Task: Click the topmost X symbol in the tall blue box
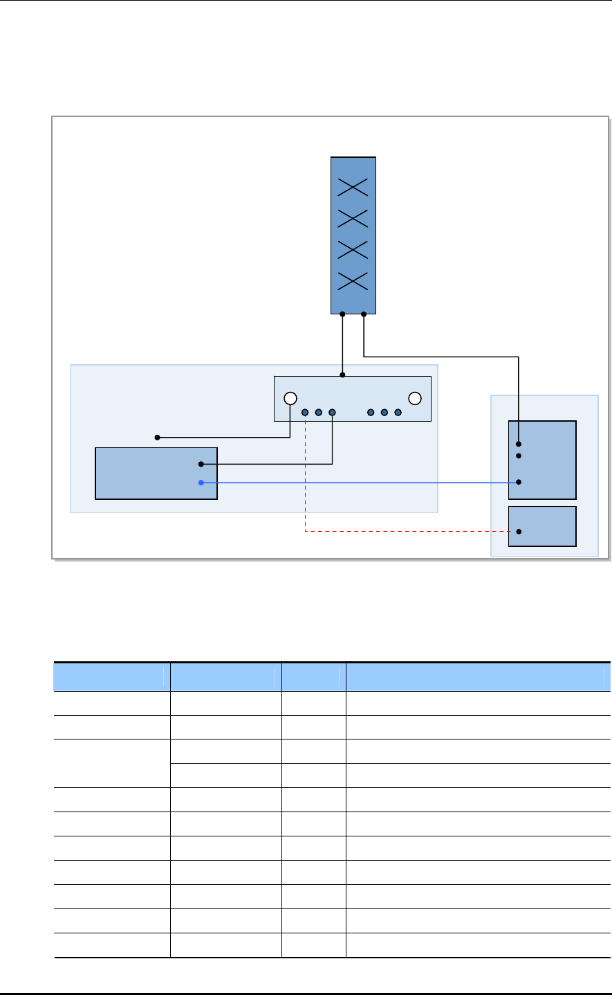point(353,186)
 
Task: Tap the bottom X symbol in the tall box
point(353,281)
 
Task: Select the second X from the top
point(353,218)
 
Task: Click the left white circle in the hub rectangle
point(290,398)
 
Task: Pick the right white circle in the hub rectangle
point(415,398)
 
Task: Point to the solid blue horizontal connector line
point(360,483)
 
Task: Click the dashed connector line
point(408,532)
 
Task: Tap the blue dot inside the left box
point(201,483)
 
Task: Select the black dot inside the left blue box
point(201,464)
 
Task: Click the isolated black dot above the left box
point(157,438)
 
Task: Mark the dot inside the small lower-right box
point(518,532)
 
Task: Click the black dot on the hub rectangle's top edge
point(343,376)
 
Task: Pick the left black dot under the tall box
point(343,314)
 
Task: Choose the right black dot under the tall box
point(364,314)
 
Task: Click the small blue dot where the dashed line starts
point(305,413)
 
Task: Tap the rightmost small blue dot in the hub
point(398,413)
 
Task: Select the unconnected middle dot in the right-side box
point(518,456)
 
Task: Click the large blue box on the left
point(156,473)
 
